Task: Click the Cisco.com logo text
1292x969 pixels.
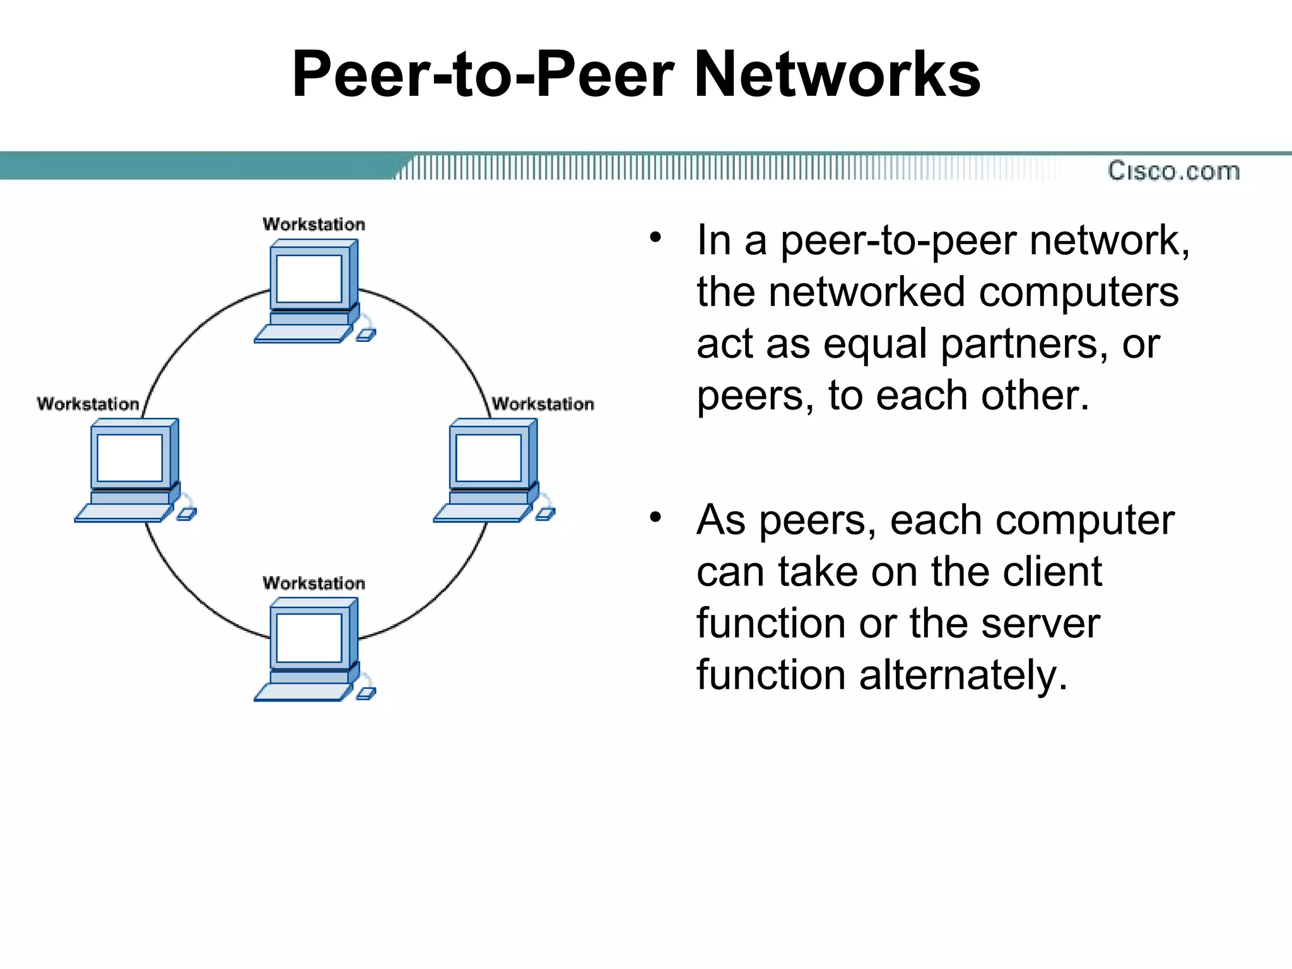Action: (x=1173, y=171)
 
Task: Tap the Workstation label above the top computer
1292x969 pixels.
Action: (x=314, y=224)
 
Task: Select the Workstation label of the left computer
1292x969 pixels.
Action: (x=88, y=404)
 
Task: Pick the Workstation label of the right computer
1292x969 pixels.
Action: (x=543, y=404)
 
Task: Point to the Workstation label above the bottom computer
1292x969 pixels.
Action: (x=314, y=583)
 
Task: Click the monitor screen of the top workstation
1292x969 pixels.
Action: (x=309, y=279)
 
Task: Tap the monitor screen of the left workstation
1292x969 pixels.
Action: (x=130, y=458)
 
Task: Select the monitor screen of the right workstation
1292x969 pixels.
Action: (x=488, y=458)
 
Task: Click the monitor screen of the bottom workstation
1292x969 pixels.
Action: (x=309, y=637)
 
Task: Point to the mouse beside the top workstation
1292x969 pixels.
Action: (x=366, y=335)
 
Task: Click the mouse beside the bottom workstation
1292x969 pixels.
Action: (x=366, y=693)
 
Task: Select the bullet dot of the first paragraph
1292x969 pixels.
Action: (x=655, y=238)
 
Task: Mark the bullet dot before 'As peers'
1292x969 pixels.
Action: (x=655, y=517)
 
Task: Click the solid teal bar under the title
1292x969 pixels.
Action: (x=189, y=166)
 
